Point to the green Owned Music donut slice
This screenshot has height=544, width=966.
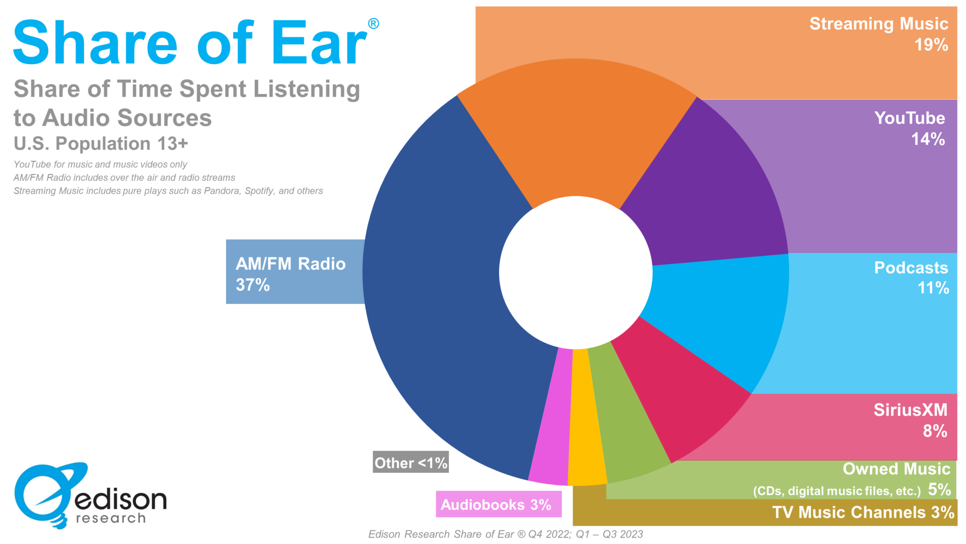click(x=623, y=425)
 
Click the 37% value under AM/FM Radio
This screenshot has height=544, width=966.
click(x=253, y=285)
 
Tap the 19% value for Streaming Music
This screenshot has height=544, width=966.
click(x=931, y=45)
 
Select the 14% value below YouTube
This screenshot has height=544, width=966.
click(x=928, y=139)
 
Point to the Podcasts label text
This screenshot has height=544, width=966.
click(x=911, y=268)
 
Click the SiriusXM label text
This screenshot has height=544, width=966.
click(x=910, y=410)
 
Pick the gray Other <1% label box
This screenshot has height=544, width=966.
click(x=410, y=463)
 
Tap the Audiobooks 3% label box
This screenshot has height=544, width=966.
click(x=498, y=504)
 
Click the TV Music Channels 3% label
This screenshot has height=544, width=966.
click(x=863, y=512)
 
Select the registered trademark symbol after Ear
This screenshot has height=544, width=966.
click(x=373, y=24)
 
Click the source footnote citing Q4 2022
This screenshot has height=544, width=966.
click(x=505, y=534)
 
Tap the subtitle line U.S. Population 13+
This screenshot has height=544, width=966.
click(x=101, y=144)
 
